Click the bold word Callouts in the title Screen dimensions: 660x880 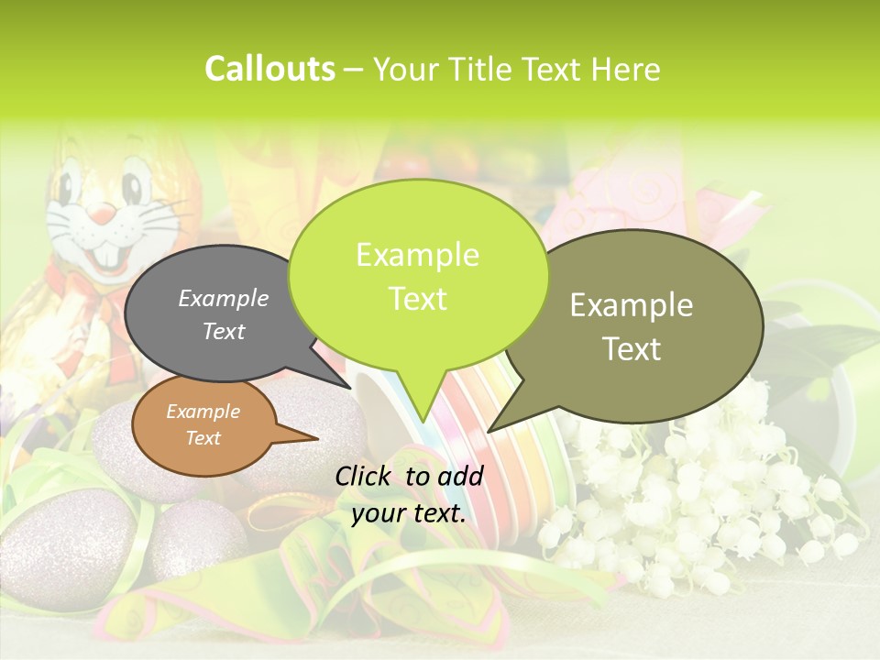(x=269, y=69)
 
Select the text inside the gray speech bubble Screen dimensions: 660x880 (x=224, y=314)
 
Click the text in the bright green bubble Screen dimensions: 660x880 (x=417, y=276)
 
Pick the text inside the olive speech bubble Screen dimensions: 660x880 (x=632, y=326)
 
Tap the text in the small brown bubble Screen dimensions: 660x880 (x=203, y=424)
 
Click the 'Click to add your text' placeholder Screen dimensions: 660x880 (x=409, y=494)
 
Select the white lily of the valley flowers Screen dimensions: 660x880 (x=697, y=495)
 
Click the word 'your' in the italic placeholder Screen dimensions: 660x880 (x=379, y=513)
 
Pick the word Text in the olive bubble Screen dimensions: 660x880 (x=632, y=348)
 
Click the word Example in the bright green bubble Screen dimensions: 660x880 (x=417, y=255)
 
